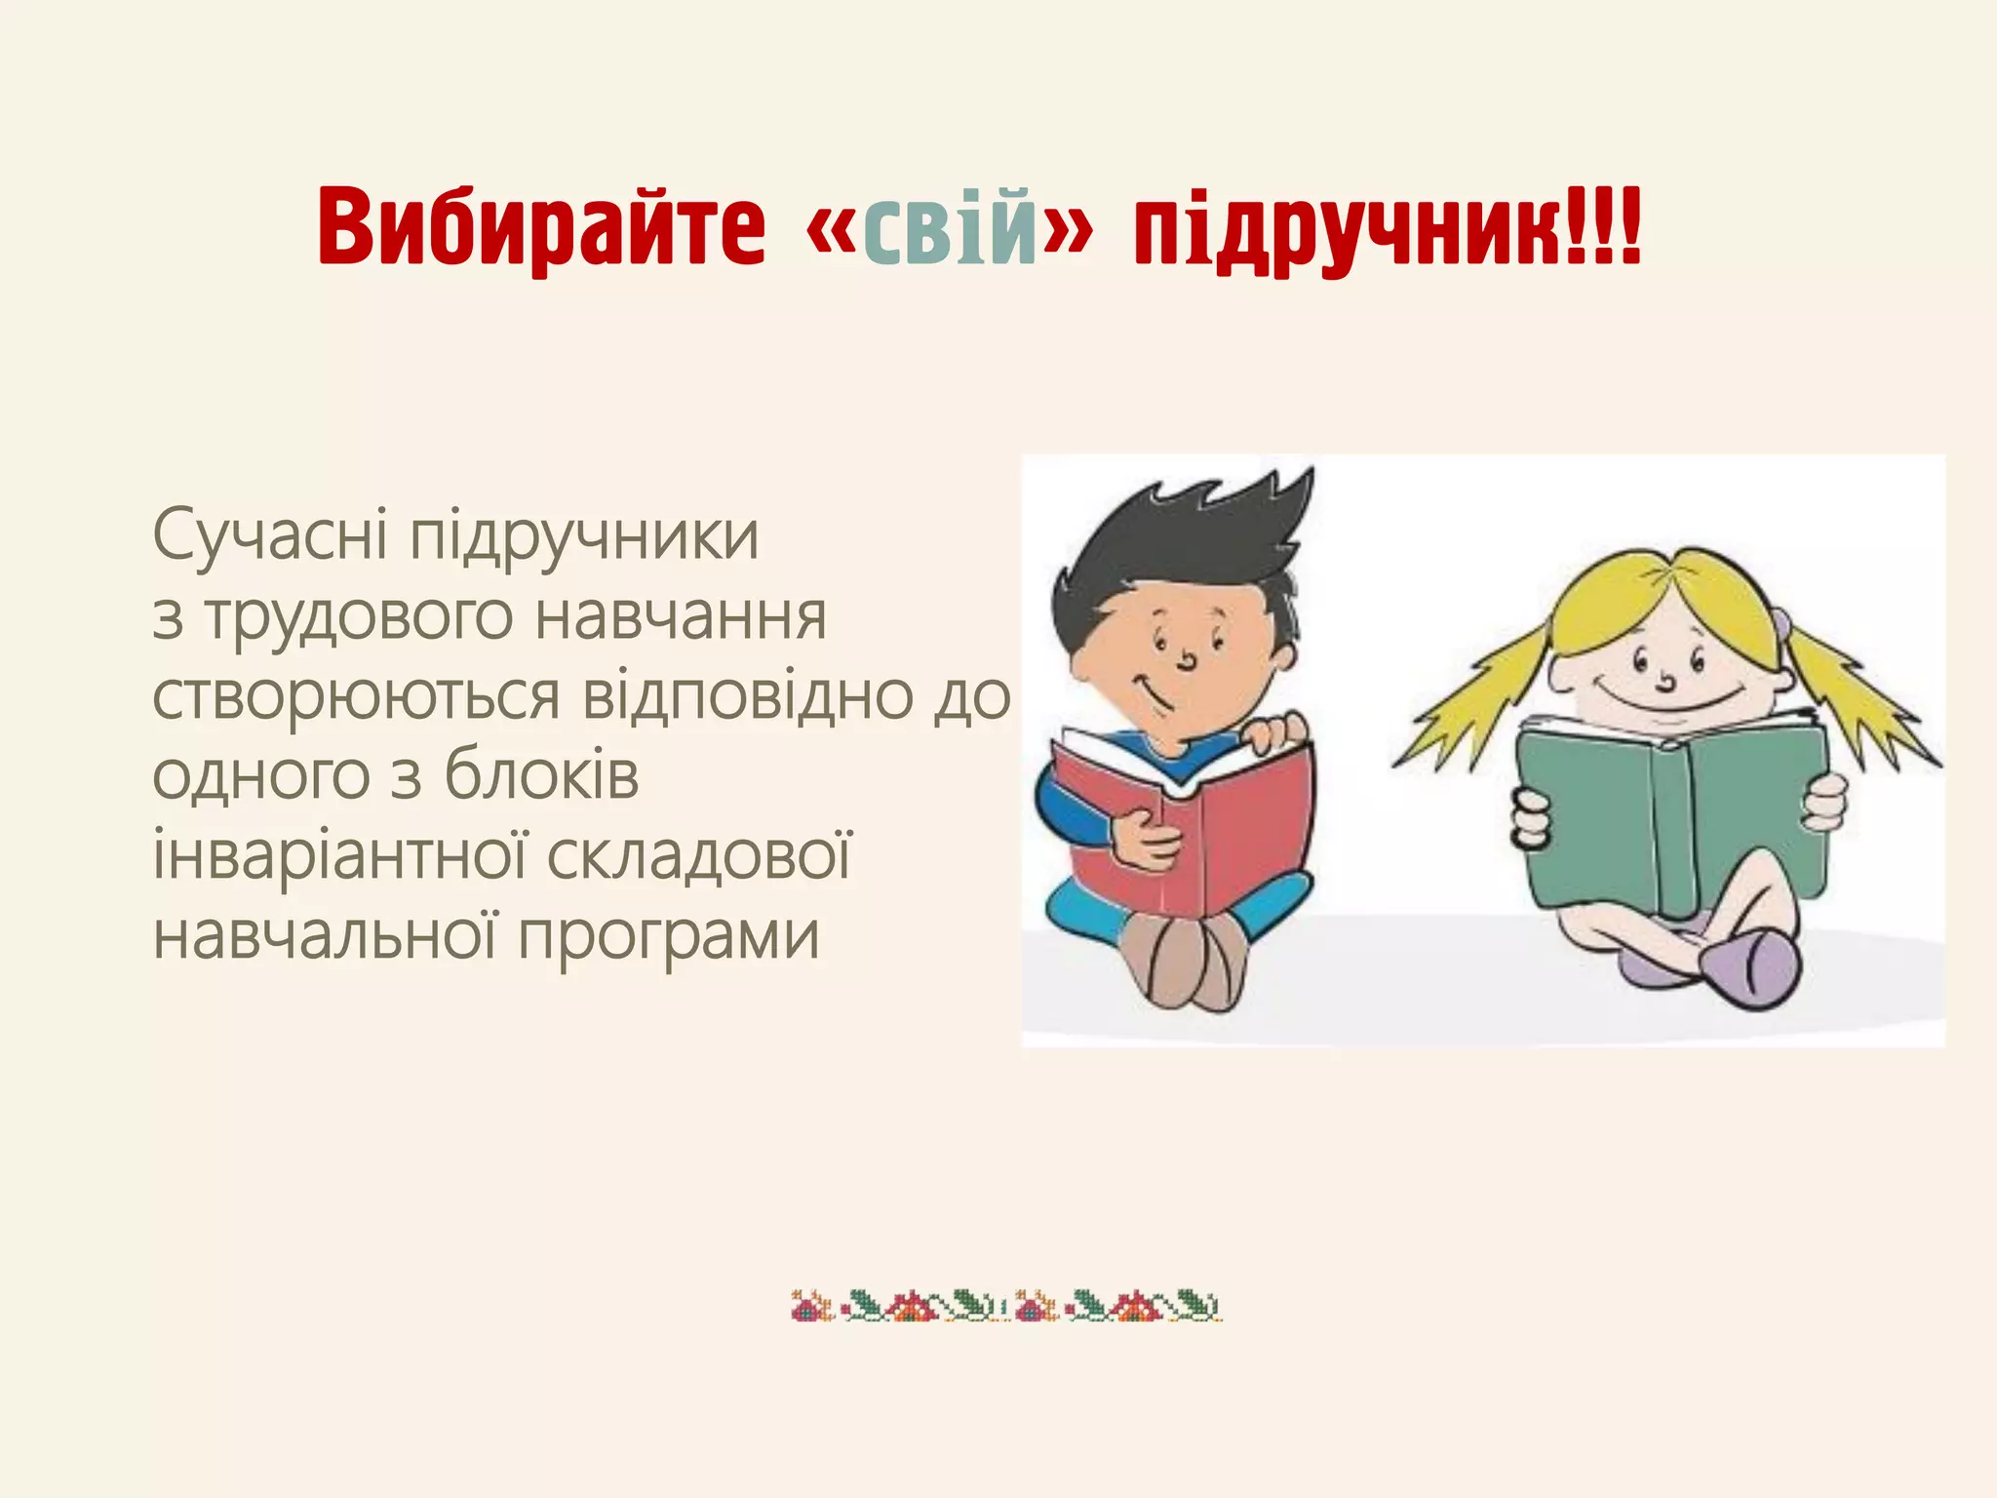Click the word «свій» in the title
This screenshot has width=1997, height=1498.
(x=952, y=230)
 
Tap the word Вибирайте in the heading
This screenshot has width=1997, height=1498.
(x=542, y=230)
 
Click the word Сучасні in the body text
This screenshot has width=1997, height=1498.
(x=270, y=535)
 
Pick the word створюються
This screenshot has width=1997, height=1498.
(x=356, y=696)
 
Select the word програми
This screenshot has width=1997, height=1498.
(x=668, y=936)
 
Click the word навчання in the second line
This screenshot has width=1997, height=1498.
(x=682, y=618)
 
